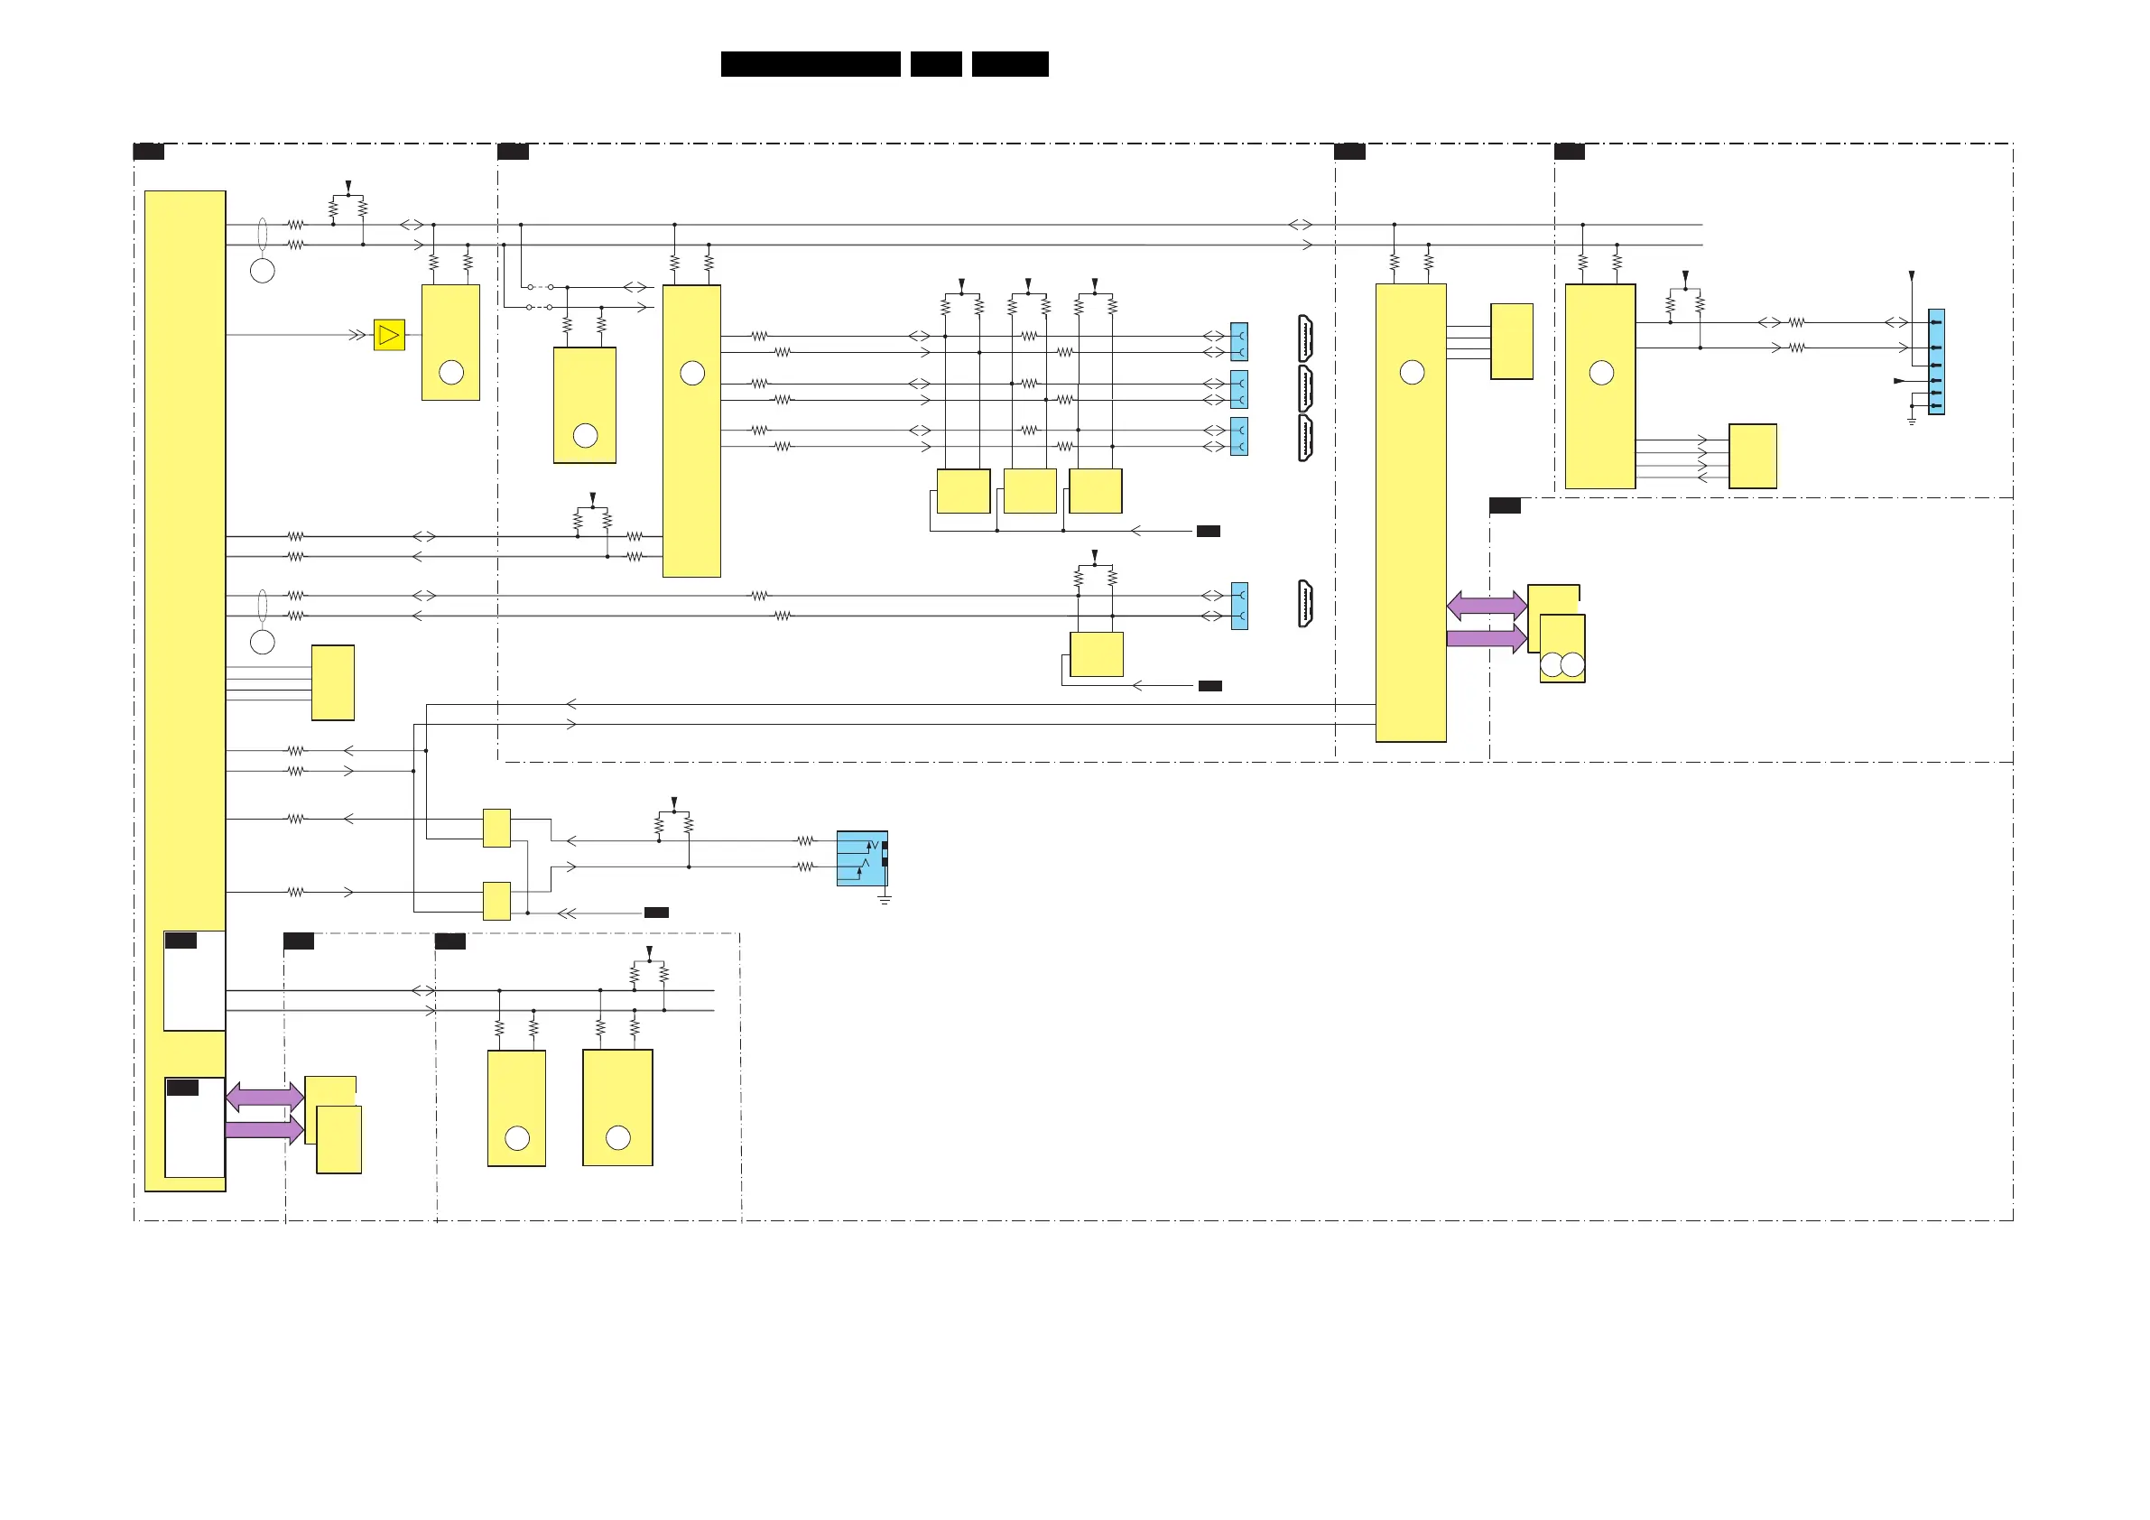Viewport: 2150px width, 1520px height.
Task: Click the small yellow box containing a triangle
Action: point(389,335)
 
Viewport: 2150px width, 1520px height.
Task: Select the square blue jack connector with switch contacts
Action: point(861,857)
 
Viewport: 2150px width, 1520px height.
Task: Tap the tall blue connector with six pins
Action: point(1936,362)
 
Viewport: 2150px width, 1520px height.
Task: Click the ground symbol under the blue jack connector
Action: point(884,900)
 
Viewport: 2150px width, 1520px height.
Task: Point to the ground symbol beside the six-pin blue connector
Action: point(1911,421)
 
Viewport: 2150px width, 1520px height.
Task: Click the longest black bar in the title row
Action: point(810,64)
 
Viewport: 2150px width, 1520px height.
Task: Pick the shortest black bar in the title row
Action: point(935,64)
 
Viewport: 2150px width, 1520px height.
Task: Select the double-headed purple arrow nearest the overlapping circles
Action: point(1486,605)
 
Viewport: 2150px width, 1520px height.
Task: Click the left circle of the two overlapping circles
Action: point(1552,664)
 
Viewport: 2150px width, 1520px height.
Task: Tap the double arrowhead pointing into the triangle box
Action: point(357,335)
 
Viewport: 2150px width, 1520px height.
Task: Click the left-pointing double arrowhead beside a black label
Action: point(567,913)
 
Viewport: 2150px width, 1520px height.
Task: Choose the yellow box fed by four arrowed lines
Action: point(1752,456)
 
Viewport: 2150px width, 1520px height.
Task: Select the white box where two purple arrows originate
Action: point(195,1127)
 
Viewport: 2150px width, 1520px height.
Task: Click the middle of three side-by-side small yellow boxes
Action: point(1029,491)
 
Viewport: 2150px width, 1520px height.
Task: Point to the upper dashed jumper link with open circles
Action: point(541,287)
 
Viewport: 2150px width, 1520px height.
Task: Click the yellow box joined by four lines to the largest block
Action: point(332,682)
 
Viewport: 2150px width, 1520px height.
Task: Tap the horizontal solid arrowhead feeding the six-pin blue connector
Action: point(1899,381)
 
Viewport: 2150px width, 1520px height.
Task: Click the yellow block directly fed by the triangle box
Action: point(450,343)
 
